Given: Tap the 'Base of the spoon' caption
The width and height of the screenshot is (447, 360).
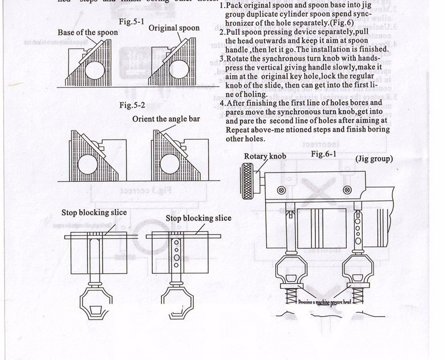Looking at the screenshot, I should click(88, 32).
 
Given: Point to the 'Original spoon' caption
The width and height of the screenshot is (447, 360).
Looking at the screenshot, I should click(174, 28).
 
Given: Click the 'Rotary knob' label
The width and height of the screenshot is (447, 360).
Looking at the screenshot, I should click(265, 156).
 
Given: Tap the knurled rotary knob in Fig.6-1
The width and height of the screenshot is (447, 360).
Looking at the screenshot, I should click(249, 174).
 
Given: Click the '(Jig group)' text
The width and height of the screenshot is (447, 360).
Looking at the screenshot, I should click(374, 158).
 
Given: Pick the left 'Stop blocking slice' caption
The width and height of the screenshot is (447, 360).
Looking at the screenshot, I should click(94, 212).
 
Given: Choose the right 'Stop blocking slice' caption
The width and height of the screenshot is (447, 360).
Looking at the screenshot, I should click(198, 218).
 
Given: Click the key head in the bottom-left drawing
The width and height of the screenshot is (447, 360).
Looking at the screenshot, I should click(94, 301).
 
